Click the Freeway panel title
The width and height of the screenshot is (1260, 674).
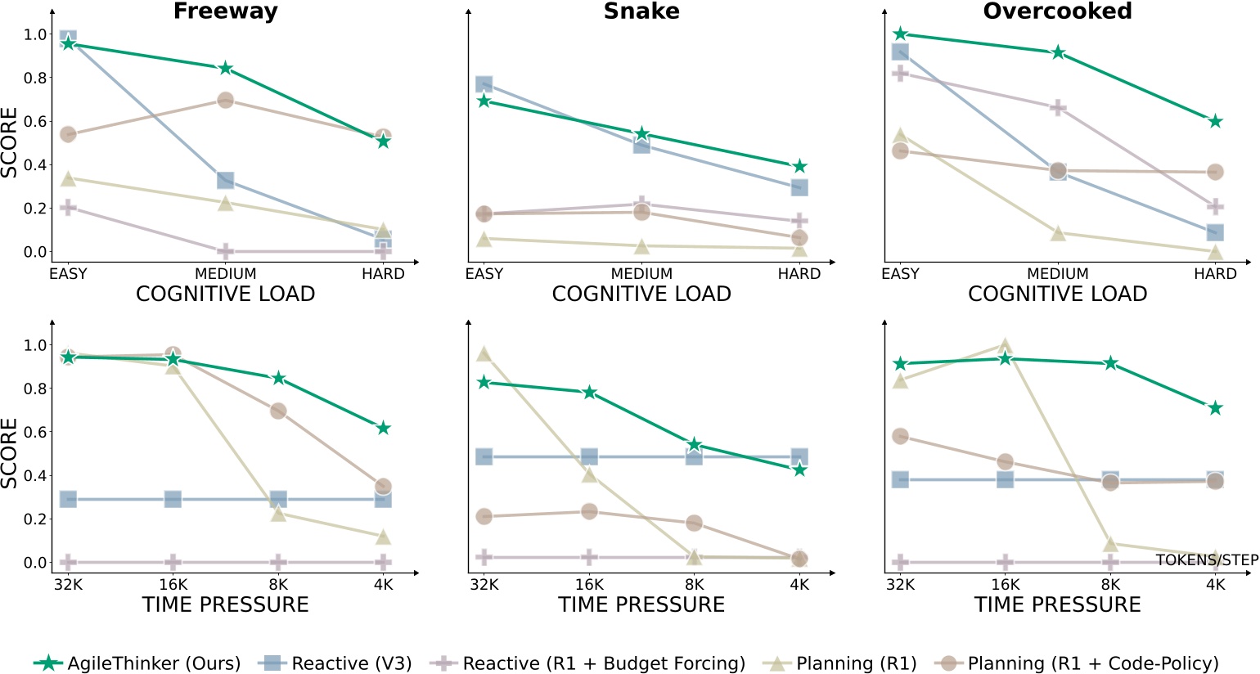click(x=225, y=11)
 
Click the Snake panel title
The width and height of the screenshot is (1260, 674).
click(x=641, y=11)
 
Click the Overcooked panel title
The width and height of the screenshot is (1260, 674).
click(x=1057, y=11)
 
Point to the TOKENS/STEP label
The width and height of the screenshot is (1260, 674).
click(x=1207, y=560)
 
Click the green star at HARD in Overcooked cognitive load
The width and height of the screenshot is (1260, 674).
click(x=1215, y=121)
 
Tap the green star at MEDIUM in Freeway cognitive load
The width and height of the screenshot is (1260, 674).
click(x=226, y=68)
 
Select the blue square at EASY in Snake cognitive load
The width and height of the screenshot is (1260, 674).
click(x=484, y=84)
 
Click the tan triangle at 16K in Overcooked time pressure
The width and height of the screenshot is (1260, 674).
click(x=1005, y=346)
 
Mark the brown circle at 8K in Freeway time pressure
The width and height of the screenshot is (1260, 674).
click(x=278, y=411)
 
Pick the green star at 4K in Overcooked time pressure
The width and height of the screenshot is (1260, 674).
click(x=1215, y=407)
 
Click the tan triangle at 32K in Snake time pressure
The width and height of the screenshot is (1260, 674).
click(x=484, y=353)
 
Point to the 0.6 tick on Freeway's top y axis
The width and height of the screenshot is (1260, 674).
click(x=35, y=121)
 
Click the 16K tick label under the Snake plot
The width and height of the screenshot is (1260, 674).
click(x=589, y=585)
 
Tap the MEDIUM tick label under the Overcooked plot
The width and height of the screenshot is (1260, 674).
click(x=1057, y=274)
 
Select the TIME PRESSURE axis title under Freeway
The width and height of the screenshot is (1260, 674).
click(x=225, y=605)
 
